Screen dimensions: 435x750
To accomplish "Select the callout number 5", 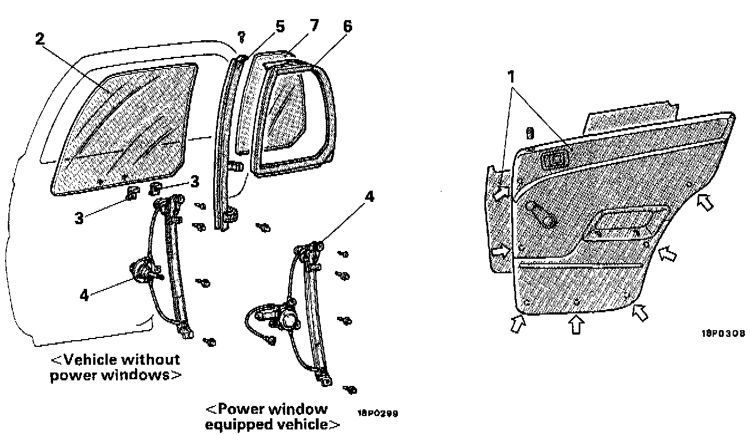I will point(280,26).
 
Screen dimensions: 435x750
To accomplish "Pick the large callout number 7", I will point(314,26).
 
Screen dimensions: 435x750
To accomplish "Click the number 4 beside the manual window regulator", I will point(84,295).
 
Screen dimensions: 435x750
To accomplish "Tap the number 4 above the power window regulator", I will point(371,197).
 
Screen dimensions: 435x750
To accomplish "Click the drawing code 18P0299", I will point(379,414).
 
